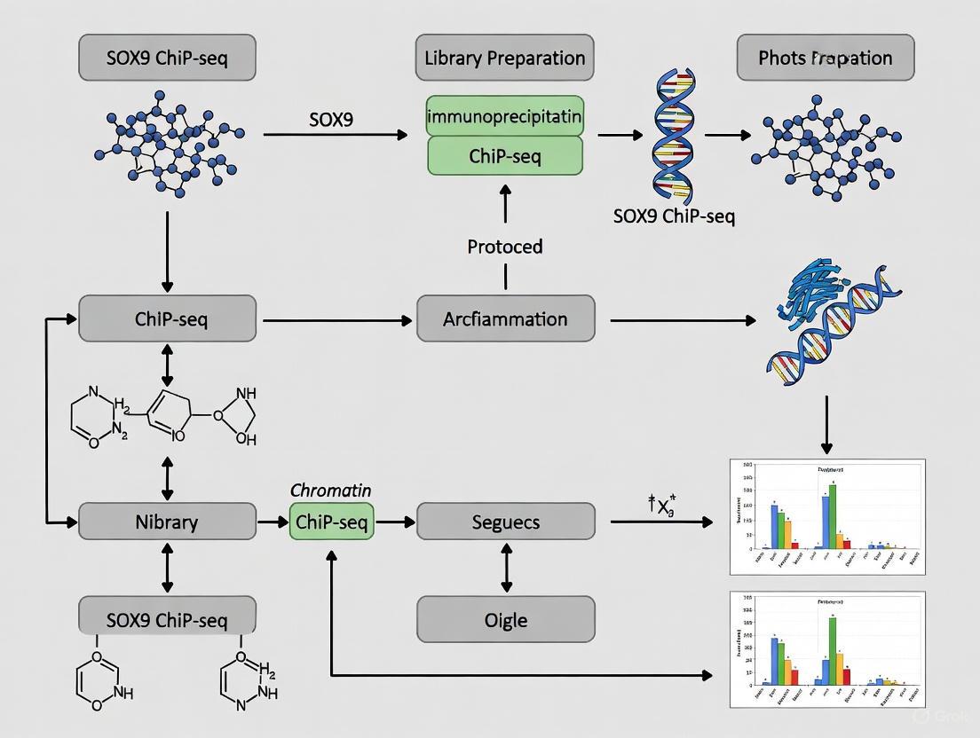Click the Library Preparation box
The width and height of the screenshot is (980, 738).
[x=504, y=59]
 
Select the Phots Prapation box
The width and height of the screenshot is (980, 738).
[x=825, y=59]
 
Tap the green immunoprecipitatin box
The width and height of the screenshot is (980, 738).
[x=504, y=115]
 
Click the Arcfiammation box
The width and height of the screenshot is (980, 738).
[x=505, y=319]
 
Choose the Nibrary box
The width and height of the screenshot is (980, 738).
[x=167, y=522]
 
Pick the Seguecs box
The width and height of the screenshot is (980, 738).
[x=505, y=522]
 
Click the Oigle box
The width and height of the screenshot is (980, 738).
[x=505, y=619]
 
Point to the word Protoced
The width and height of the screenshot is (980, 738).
[x=504, y=246]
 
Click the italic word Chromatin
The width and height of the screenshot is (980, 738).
[x=331, y=491]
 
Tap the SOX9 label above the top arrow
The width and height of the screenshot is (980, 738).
[x=331, y=118]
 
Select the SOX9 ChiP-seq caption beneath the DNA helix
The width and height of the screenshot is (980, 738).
[x=674, y=216]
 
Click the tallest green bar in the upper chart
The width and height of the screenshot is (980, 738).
[x=833, y=513]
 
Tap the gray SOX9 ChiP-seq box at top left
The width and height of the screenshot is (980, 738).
[x=167, y=59]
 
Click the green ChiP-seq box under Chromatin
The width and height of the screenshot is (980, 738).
[x=331, y=522]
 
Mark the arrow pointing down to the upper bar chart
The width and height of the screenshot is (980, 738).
[x=827, y=426]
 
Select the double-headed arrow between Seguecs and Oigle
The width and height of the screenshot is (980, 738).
[x=506, y=569]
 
